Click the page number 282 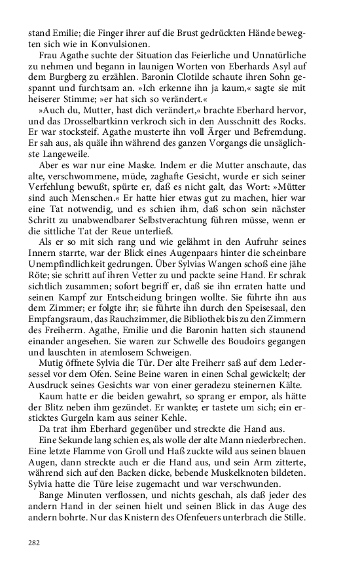pyautogui.click(x=34, y=543)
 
